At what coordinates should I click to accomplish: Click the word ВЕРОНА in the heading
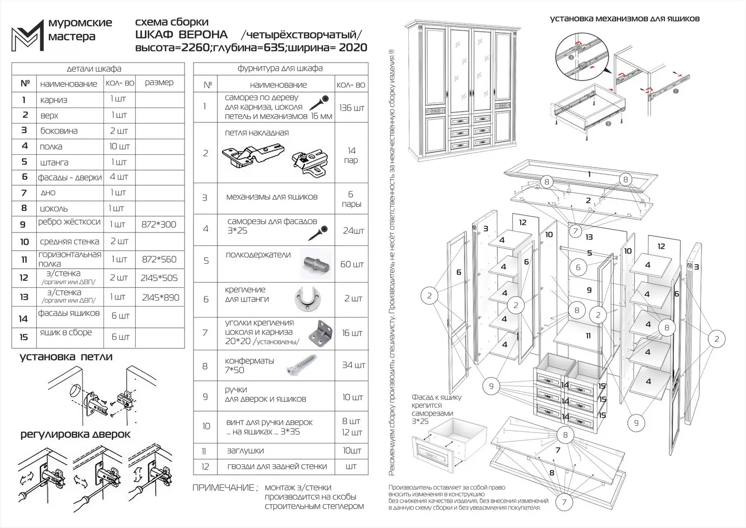(203, 35)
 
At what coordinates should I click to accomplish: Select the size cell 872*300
(159, 224)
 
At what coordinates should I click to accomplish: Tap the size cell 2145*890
(160, 298)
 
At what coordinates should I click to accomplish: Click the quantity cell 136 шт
(352, 108)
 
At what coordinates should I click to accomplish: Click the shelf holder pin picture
(315, 264)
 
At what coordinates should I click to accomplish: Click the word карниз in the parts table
(54, 100)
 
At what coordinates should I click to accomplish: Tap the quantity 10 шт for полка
(119, 146)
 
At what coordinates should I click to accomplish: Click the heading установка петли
(66, 357)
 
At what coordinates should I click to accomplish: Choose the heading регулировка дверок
(75, 434)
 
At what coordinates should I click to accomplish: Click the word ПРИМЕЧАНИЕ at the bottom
(224, 488)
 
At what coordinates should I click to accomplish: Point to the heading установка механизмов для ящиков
(624, 19)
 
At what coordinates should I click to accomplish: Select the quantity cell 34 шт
(353, 365)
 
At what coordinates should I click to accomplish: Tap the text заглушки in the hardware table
(245, 451)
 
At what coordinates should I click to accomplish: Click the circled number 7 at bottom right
(564, 502)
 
